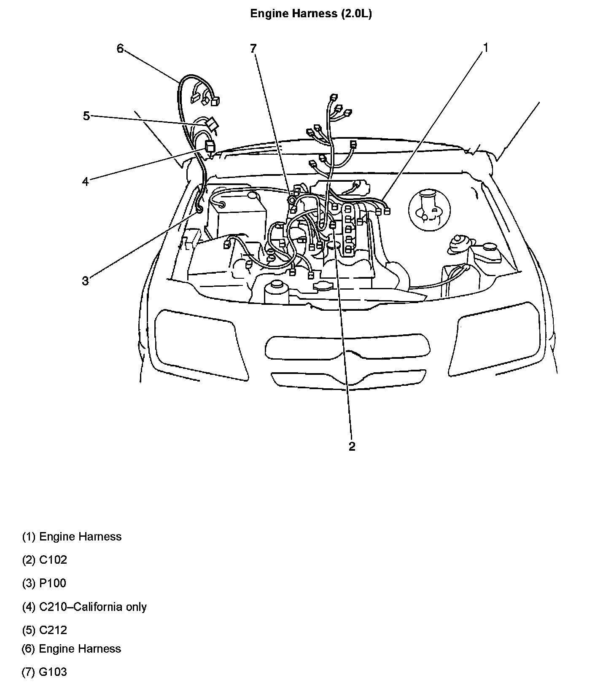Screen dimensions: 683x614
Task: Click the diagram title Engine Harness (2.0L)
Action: click(311, 14)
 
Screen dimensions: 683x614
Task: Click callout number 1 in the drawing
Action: click(485, 48)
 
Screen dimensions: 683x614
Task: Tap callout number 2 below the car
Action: click(352, 446)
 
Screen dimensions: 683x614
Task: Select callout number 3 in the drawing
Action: click(86, 281)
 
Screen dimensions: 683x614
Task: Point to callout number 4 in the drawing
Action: click(86, 182)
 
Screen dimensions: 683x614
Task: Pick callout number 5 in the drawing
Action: click(86, 116)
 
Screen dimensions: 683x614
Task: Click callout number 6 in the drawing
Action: click(120, 49)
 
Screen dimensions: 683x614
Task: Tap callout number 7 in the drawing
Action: click(253, 49)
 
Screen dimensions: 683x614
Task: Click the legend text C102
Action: click(53, 560)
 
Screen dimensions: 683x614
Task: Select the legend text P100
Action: click(53, 583)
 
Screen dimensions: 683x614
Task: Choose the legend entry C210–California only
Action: click(93, 607)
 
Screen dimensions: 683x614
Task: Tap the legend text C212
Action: click(53, 630)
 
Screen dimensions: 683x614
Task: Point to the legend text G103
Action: click(53, 672)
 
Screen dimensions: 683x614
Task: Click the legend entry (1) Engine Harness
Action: click(72, 537)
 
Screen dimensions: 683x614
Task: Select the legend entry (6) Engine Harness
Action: click(71, 648)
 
